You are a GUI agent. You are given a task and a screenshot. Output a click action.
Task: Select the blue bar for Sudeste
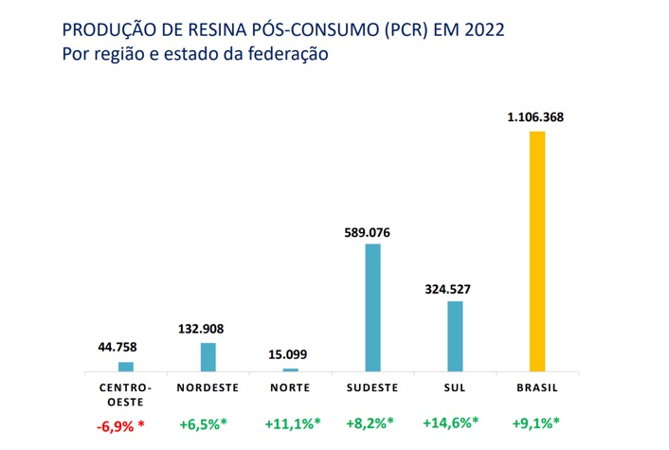tap(373, 307)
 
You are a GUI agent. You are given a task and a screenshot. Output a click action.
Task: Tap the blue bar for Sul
tap(455, 335)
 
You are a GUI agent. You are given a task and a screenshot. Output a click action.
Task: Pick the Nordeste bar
tap(208, 356)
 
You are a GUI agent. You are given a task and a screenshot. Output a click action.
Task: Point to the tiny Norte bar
tap(290, 369)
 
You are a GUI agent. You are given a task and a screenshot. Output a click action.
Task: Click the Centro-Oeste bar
tap(126, 366)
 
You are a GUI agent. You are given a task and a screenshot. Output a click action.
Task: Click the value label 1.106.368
tap(537, 117)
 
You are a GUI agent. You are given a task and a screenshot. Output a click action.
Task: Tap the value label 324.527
tap(455, 288)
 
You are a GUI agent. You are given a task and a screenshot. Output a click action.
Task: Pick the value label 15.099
tap(290, 354)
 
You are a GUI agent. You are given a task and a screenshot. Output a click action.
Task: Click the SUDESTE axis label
tap(373, 388)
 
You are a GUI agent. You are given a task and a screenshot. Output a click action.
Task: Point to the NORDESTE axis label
tap(208, 388)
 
